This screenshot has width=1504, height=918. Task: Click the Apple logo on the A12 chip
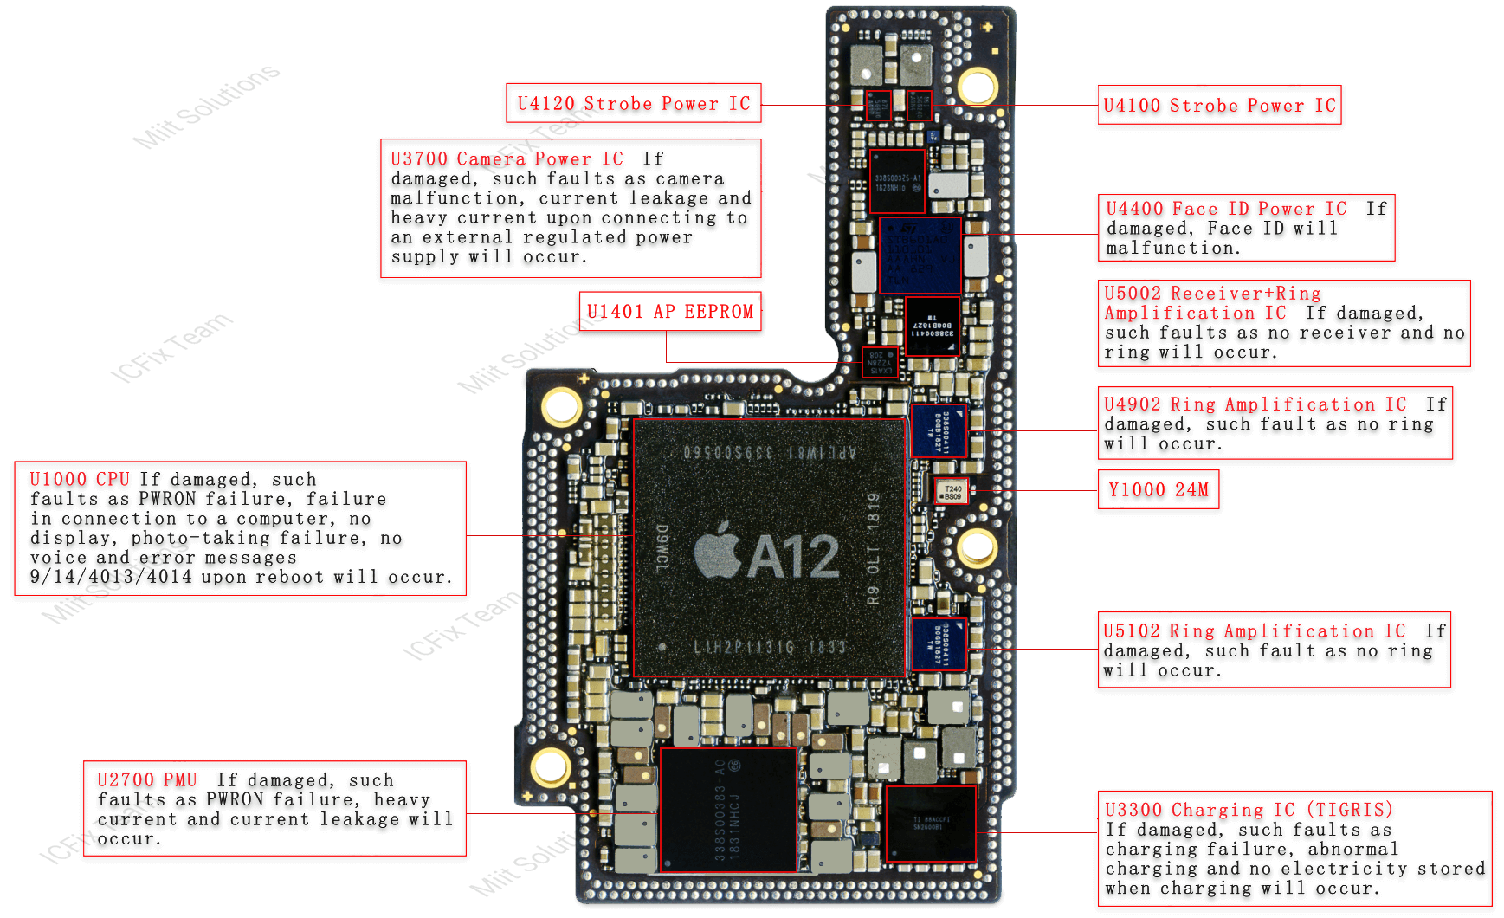(718, 552)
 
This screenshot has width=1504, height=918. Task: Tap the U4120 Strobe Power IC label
(633, 104)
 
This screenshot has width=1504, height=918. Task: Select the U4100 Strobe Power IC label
(1219, 106)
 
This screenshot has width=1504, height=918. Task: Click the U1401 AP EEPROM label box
(669, 312)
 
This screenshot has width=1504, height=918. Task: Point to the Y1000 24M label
(1158, 490)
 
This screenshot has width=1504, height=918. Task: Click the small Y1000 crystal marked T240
(952, 492)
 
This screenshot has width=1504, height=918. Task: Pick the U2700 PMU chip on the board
(728, 810)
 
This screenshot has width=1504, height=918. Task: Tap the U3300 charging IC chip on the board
(931, 824)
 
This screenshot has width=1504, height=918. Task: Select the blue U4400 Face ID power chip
(920, 255)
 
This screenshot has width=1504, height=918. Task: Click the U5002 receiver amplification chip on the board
(933, 326)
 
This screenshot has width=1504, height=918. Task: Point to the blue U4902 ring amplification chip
(939, 430)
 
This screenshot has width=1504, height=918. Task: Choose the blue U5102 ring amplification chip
(939, 643)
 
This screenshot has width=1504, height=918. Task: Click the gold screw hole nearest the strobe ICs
(977, 87)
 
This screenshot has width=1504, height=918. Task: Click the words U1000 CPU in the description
(80, 480)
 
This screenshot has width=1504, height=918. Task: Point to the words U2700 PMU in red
(147, 780)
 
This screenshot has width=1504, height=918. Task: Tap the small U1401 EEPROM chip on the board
(881, 362)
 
